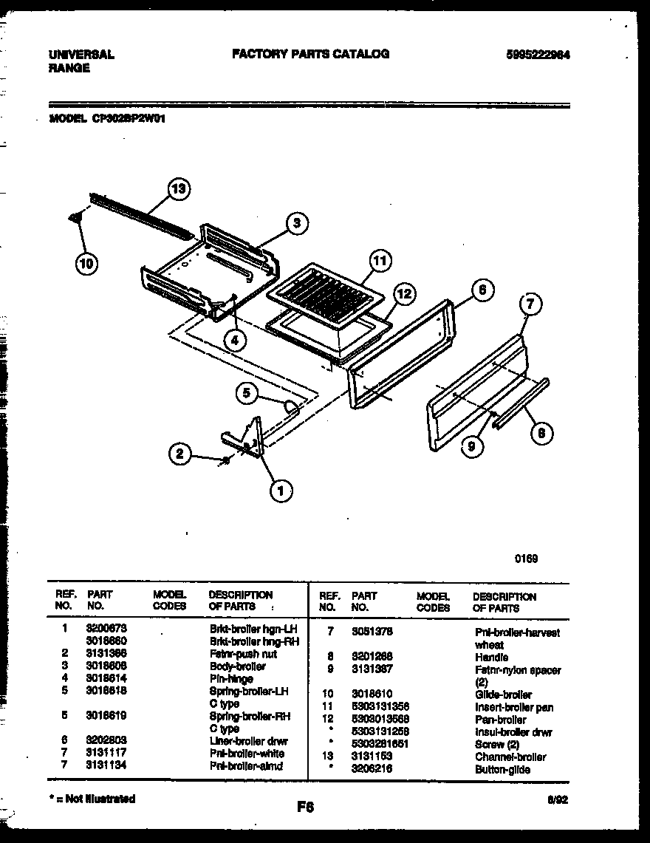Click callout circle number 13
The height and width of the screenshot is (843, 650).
(x=177, y=189)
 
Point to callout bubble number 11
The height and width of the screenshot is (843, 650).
(x=379, y=260)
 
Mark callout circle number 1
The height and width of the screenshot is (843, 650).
(x=280, y=489)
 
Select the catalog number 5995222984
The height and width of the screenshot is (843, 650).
(x=538, y=55)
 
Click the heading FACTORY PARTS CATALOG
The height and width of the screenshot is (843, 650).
(x=310, y=54)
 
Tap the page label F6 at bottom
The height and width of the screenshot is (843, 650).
(x=304, y=808)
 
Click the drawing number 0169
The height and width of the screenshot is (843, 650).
(x=526, y=559)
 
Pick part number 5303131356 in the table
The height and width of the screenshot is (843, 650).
(x=380, y=707)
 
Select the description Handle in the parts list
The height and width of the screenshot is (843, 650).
(x=491, y=657)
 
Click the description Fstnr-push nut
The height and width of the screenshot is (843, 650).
(x=243, y=654)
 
